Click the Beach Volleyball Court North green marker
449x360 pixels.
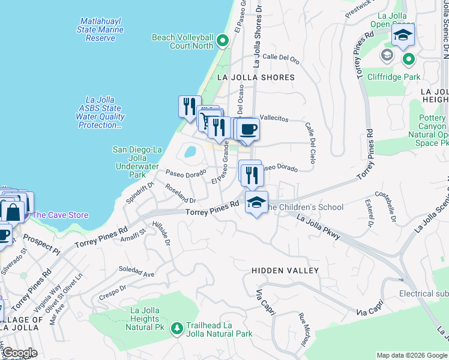[x=223, y=41]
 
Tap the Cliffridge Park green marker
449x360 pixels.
[x=408, y=59]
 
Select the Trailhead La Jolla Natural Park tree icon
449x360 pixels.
[x=177, y=328]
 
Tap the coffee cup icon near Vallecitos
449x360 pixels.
[x=248, y=129]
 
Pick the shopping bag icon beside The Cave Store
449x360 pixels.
[x=13, y=212]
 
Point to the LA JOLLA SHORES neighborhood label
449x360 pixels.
[x=256, y=77]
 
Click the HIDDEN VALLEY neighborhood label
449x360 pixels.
[x=285, y=271]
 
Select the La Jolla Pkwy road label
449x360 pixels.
[x=319, y=229]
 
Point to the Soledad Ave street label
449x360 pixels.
[x=137, y=271]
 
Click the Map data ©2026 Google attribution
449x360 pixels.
[x=412, y=355]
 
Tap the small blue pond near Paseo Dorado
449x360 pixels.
[x=190, y=151]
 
